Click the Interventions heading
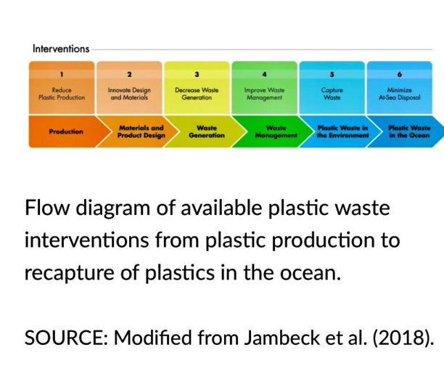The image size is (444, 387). click(x=61, y=49)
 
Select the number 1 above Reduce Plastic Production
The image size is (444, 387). click(x=62, y=74)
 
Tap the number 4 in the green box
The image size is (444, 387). click(x=265, y=74)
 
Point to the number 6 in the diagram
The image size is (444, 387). click(x=400, y=74)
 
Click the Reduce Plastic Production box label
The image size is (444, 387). click(x=62, y=94)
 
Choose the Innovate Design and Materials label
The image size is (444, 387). click(x=130, y=94)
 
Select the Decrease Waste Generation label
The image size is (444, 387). click(x=197, y=94)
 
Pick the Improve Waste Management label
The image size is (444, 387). click(x=265, y=94)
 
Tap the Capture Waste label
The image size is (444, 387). click(x=332, y=94)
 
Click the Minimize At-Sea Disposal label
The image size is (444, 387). click(x=400, y=94)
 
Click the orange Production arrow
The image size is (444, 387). click(x=65, y=131)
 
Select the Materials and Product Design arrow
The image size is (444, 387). click(x=141, y=131)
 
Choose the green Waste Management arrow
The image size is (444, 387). click(x=276, y=131)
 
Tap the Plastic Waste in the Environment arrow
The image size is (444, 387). click(x=342, y=131)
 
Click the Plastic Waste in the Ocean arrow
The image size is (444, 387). click(x=408, y=131)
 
